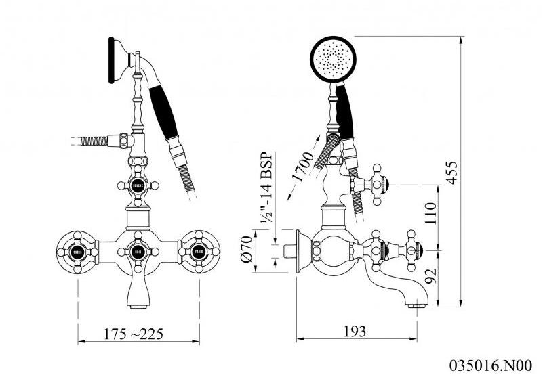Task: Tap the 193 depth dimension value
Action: click(x=354, y=331)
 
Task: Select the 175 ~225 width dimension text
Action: click(x=133, y=334)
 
